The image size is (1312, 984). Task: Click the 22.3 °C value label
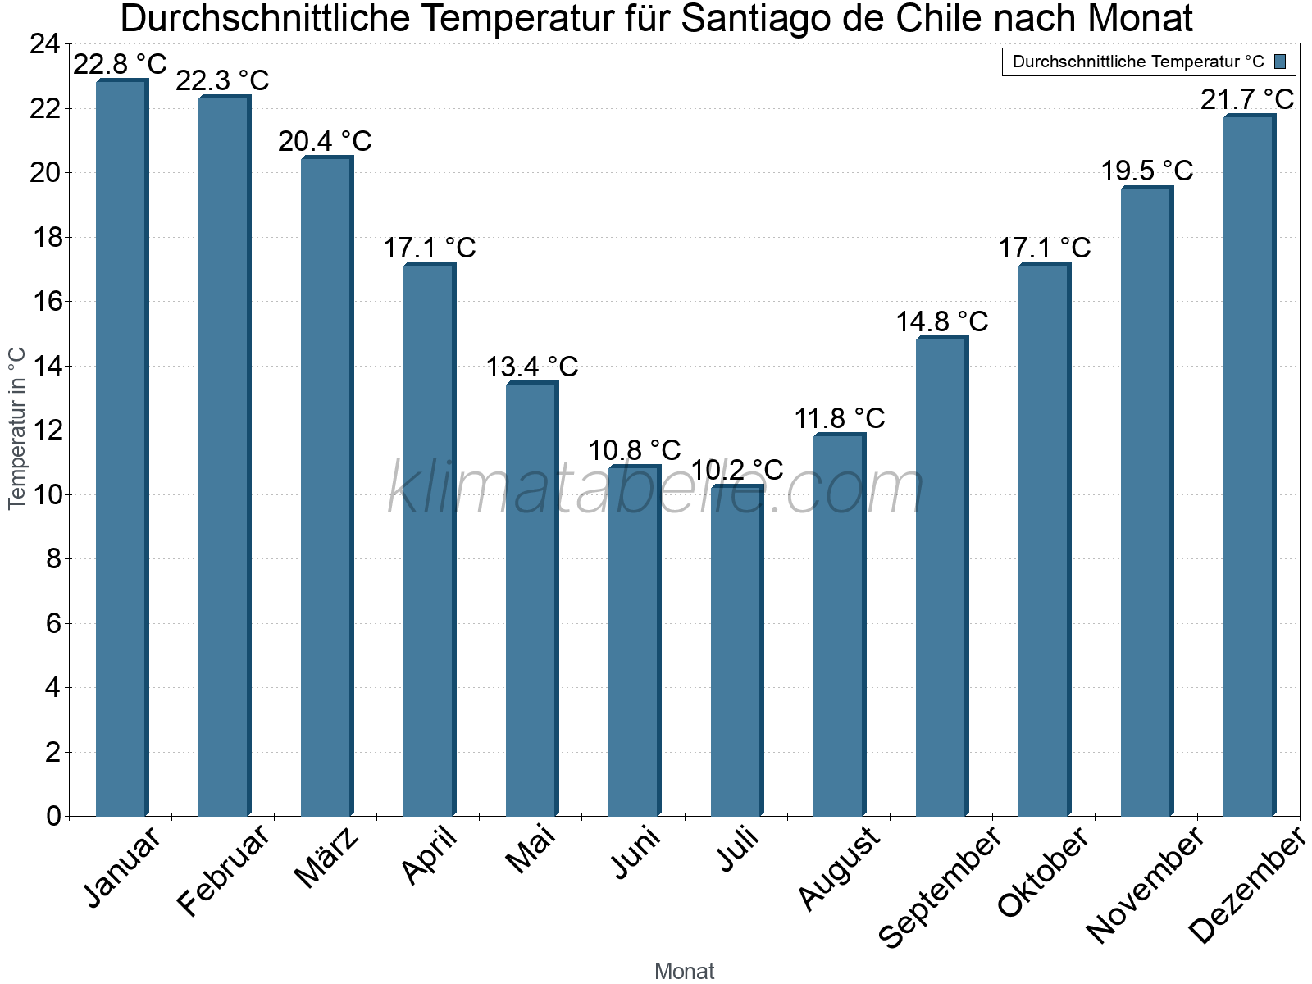[222, 80]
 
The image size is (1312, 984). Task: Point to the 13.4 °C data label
[532, 367]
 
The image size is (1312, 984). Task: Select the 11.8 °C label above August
[840, 418]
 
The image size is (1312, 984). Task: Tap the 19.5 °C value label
[1146, 171]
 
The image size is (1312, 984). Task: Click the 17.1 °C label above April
[430, 248]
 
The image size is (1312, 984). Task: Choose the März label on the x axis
[326, 857]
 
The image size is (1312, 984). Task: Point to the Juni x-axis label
[635, 853]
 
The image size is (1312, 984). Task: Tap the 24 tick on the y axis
[44, 44]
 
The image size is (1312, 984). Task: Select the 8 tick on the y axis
[52, 559]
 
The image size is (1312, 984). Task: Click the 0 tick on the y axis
[53, 816]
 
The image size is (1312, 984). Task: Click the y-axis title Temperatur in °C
[17, 428]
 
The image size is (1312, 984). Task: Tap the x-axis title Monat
[685, 971]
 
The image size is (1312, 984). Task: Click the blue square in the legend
[1280, 61]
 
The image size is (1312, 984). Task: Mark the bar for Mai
[531, 599]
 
